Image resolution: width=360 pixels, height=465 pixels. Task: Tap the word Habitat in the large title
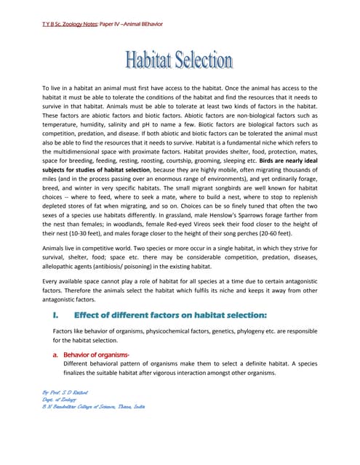pyautogui.click(x=148, y=60)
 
